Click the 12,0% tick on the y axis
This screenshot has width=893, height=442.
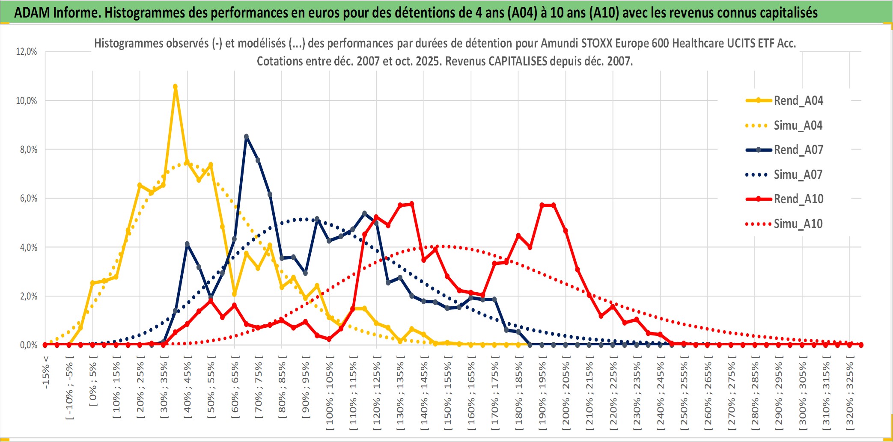[x=27, y=52]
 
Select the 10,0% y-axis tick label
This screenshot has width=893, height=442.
[x=27, y=101]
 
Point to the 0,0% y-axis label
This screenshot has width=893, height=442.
[x=28, y=345]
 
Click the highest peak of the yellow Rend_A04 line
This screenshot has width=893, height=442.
[x=175, y=86]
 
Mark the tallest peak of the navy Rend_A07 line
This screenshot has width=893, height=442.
[x=246, y=136]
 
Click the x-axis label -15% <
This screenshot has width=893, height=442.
[x=46, y=372]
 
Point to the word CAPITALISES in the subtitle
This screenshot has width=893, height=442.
[x=518, y=61]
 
